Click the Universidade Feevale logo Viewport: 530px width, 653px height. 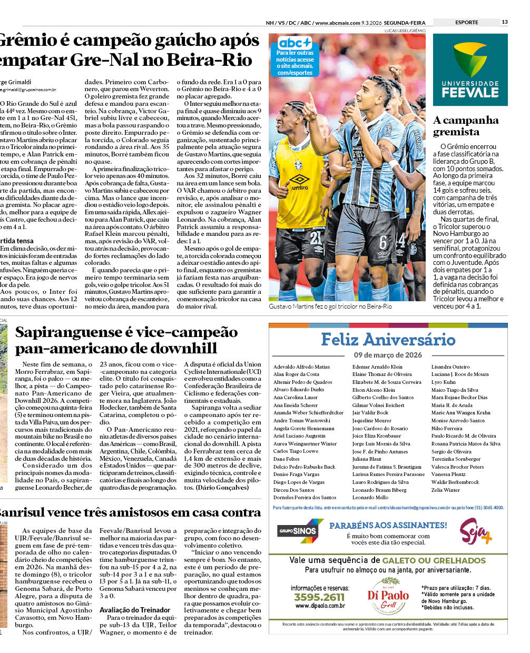[470, 70]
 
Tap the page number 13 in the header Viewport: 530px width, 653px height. [504, 22]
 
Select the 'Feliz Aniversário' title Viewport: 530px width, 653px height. [388, 339]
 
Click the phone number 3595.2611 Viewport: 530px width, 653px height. [319, 597]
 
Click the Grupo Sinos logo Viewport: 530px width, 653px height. [298, 531]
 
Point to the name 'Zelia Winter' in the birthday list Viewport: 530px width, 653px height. [445, 490]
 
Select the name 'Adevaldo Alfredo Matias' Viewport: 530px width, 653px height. [301, 367]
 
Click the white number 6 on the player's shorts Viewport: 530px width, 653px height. [383, 242]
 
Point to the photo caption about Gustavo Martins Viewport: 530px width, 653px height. [330, 306]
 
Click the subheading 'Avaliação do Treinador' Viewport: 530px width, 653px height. [135, 610]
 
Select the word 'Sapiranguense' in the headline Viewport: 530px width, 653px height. [69, 332]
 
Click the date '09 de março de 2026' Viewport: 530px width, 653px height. [388, 355]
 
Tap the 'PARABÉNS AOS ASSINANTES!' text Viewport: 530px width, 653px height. [388, 525]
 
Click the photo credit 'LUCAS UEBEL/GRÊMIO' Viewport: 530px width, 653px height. [405, 31]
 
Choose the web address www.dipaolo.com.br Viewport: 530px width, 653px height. [320, 606]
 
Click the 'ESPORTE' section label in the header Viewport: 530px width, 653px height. [467, 22]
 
